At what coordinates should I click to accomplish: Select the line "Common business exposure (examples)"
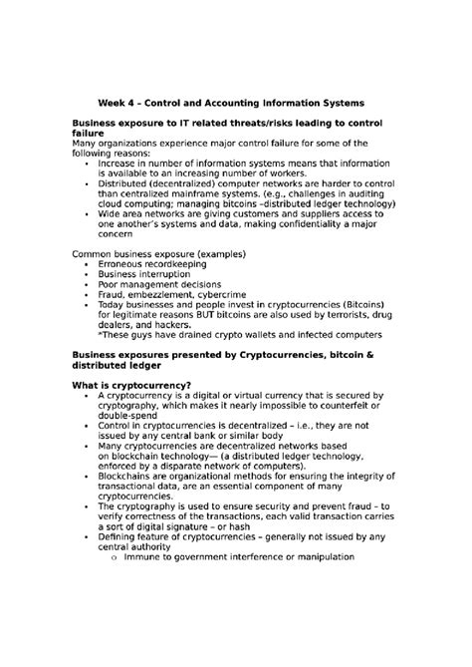pos(159,252)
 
